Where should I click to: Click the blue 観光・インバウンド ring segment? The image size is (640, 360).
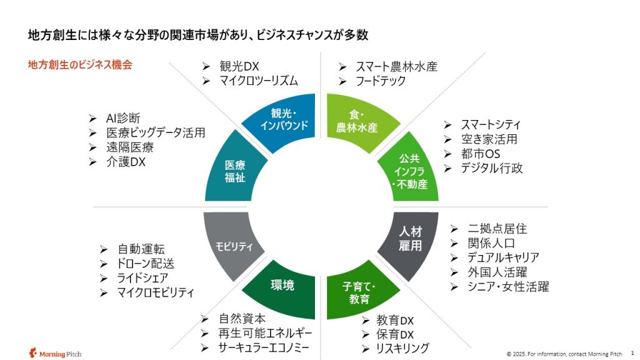click(x=284, y=121)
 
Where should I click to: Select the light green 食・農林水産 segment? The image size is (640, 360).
click(x=357, y=121)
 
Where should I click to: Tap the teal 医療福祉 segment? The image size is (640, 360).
click(x=235, y=171)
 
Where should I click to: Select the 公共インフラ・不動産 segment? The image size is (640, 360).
click(x=409, y=171)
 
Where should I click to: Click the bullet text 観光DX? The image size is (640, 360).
click(x=239, y=66)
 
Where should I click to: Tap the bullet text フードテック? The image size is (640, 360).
click(x=381, y=81)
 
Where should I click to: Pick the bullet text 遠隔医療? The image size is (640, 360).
click(x=130, y=147)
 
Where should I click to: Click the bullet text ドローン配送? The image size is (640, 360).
click(x=146, y=264)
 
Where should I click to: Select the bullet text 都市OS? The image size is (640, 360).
click(x=481, y=154)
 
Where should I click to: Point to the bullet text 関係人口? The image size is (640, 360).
click(x=491, y=243)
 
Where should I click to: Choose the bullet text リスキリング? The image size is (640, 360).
click(x=402, y=348)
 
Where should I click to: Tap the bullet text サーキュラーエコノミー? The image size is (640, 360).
click(x=264, y=347)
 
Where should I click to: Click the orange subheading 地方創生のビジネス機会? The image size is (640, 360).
click(x=80, y=65)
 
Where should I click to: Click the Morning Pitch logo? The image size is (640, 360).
click(x=55, y=353)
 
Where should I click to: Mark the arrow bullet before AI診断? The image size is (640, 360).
click(x=92, y=118)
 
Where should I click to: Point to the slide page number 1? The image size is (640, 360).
click(x=632, y=353)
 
